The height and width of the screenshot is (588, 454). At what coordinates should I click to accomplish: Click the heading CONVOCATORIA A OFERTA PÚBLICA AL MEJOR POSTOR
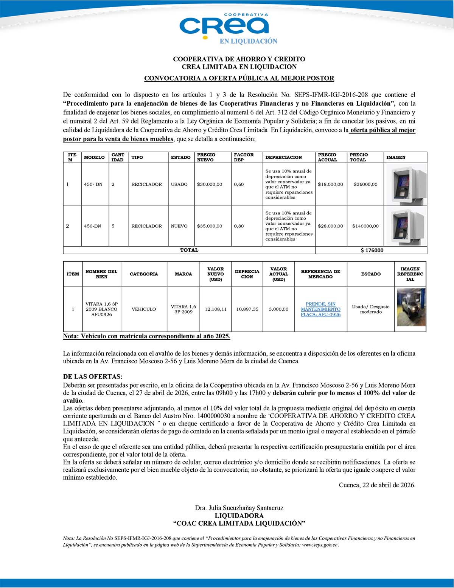[239, 78]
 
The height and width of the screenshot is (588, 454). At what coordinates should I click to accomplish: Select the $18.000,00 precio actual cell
[330, 185]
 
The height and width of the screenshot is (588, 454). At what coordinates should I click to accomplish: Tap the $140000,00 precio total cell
[365, 226]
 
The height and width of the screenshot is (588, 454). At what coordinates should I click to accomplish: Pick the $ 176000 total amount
[372, 250]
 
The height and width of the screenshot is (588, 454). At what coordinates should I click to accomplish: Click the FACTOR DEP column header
[244, 157]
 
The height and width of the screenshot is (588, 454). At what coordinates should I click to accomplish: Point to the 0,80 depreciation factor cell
[239, 226]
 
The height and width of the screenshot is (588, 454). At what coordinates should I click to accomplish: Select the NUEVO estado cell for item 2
[179, 226]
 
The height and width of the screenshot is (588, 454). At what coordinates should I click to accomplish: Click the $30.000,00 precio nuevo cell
[210, 185]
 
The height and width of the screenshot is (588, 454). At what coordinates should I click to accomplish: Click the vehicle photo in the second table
[411, 308]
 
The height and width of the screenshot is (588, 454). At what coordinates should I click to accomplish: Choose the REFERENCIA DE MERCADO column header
[320, 274]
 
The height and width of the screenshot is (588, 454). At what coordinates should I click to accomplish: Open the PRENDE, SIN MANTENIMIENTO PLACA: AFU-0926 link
[320, 309]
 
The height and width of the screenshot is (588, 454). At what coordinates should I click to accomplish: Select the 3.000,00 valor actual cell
[278, 309]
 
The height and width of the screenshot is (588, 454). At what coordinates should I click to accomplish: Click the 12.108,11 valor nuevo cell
[216, 309]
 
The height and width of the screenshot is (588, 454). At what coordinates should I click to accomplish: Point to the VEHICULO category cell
[144, 309]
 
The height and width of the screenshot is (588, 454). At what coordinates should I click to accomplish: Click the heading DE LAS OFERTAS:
[93, 377]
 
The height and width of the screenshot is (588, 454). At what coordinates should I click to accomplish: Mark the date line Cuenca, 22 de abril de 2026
[377, 485]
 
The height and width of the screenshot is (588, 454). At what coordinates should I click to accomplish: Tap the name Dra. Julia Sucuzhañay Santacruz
[239, 508]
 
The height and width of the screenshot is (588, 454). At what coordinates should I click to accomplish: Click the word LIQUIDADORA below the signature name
[239, 516]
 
